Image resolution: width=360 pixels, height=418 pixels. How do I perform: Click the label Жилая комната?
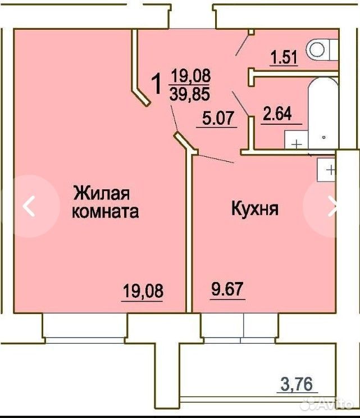[x=106, y=203]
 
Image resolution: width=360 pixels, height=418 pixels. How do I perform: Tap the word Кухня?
[x=255, y=208]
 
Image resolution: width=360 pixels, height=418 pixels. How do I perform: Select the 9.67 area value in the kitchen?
[x=227, y=289]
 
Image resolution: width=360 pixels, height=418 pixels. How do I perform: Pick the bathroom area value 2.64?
[x=277, y=113]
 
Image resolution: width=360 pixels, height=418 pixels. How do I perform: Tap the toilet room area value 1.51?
[x=284, y=57]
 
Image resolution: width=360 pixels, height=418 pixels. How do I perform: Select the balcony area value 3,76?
[x=296, y=384]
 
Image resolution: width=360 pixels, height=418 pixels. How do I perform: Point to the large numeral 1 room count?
[x=157, y=84]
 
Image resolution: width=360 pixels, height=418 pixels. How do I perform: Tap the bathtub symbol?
[x=323, y=113]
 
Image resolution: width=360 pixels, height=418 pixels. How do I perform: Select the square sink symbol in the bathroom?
[x=297, y=140]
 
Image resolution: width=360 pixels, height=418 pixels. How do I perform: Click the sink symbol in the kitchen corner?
[x=326, y=170]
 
